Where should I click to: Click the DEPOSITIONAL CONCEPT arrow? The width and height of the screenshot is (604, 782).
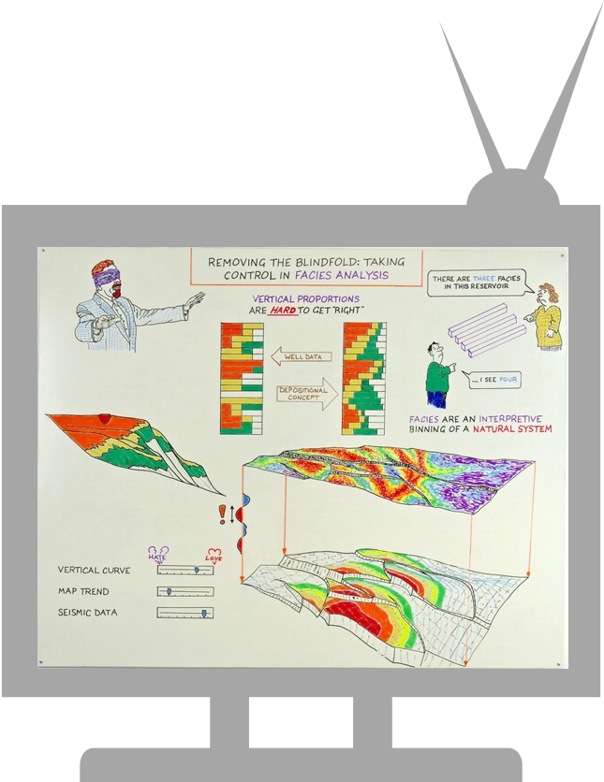(307, 394)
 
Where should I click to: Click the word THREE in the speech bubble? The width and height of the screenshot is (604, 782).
(484, 279)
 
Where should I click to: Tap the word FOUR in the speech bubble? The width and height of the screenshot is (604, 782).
(508, 380)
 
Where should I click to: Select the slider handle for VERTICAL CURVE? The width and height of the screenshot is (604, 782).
(197, 570)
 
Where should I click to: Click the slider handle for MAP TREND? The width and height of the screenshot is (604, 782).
(169, 591)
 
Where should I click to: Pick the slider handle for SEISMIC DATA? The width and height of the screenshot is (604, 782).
(204, 613)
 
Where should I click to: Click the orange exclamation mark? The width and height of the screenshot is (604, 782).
(223, 514)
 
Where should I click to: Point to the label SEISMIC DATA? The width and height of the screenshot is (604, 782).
(88, 613)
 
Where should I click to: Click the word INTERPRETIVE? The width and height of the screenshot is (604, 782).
(509, 419)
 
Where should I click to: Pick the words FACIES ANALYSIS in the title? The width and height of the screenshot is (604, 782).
(342, 275)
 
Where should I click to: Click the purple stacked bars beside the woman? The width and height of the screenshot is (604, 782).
(487, 330)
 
